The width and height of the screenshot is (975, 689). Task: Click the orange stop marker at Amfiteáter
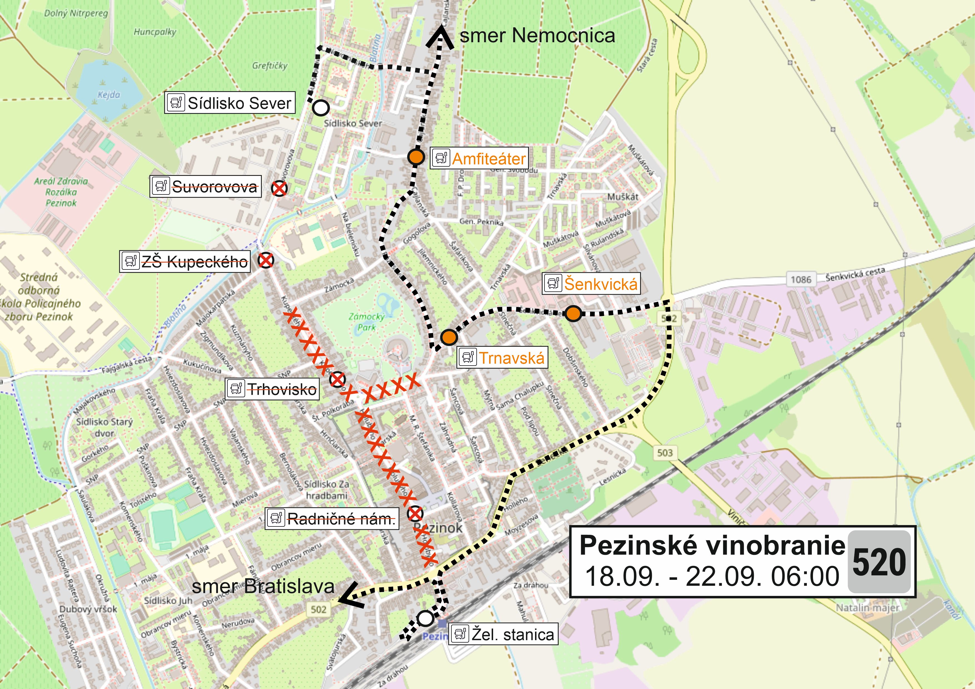[416, 157]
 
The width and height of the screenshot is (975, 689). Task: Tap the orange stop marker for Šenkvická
[573, 314]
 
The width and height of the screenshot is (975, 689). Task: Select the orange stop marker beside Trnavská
[449, 337]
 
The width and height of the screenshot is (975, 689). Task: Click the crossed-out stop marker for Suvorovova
[279, 188]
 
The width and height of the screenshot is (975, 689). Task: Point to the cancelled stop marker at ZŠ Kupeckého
[266, 260]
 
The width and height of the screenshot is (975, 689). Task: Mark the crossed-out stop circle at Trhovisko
[338, 379]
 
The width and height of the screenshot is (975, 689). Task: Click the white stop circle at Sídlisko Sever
[321, 108]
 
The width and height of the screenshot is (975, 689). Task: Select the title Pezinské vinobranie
[712, 545]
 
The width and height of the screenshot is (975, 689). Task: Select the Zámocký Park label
[366, 322]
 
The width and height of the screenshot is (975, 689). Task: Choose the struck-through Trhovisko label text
[282, 389]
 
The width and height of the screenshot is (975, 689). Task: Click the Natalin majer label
[867, 608]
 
